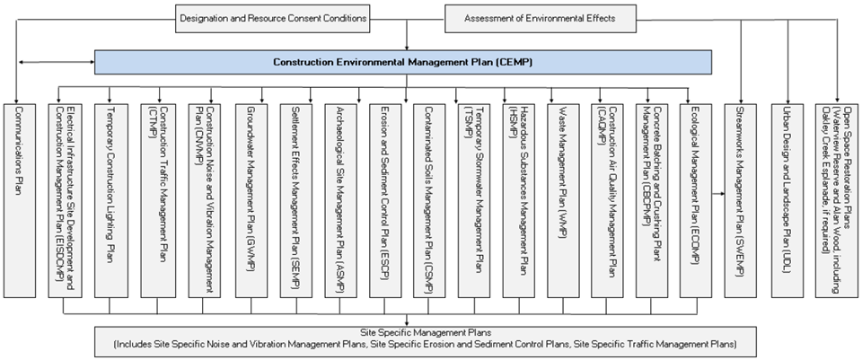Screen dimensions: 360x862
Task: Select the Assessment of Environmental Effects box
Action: [x=538, y=18]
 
